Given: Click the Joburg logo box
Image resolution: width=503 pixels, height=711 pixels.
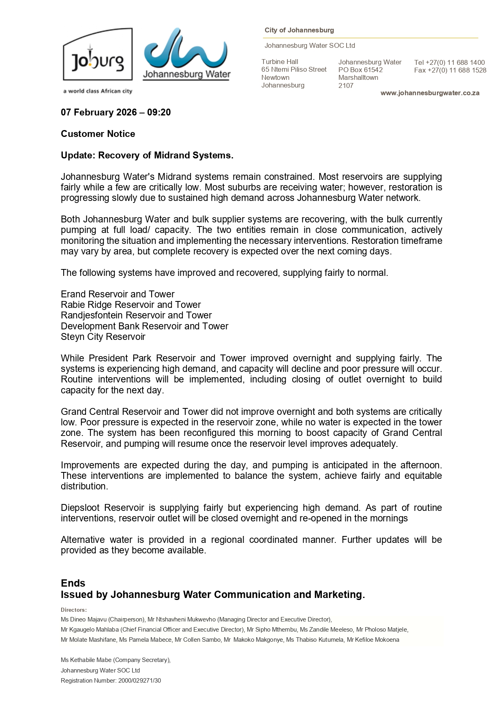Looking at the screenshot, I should (x=98, y=55).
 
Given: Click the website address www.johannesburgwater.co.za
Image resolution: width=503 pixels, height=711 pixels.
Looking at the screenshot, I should (x=430, y=93).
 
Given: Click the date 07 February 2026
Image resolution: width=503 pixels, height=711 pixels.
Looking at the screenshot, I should (x=99, y=112).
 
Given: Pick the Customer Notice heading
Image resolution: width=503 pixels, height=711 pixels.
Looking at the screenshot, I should (x=98, y=134).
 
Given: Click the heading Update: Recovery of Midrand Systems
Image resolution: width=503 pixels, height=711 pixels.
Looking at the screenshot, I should (x=147, y=156).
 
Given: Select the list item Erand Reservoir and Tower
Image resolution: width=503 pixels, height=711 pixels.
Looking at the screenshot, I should (x=118, y=294).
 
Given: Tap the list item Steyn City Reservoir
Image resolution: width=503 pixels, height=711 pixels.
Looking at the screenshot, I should (x=103, y=337).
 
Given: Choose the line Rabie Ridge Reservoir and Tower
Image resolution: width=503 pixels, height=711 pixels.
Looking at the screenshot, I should (x=131, y=305).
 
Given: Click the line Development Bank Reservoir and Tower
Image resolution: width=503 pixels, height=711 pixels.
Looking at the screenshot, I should (x=144, y=326).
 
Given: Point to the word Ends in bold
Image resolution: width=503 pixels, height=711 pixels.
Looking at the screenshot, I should (x=73, y=583).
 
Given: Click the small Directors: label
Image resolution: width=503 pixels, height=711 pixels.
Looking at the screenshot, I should (x=74, y=610).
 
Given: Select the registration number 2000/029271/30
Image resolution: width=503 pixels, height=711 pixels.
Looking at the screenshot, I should (x=139, y=681).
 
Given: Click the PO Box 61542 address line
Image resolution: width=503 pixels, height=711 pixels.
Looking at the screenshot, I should (x=360, y=70).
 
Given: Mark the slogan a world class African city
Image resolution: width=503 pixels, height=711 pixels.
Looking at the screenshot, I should (x=97, y=91).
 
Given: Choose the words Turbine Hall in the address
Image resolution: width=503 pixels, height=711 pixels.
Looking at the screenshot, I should (x=280, y=62).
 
